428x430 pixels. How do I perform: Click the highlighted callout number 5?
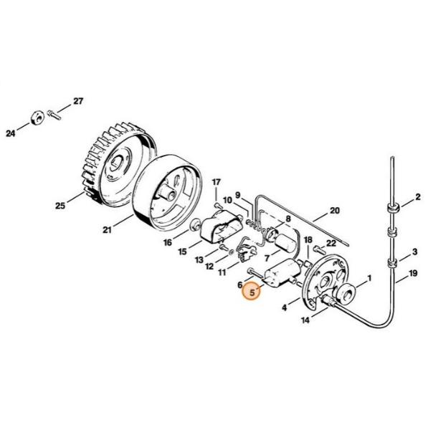pos(252,292)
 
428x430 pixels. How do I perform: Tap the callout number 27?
pos(78,101)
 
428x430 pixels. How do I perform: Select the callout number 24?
pos(11,133)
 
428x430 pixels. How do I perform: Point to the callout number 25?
pos(60,206)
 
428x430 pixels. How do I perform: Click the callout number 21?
pos(107,230)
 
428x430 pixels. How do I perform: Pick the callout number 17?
pos(217,182)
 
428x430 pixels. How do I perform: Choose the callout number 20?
pos(335,211)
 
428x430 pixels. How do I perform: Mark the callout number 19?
pos(413,273)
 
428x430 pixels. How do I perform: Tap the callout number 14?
pos(305,320)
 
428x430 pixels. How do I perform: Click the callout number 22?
pos(331,243)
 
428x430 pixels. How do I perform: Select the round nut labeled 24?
pos(37,118)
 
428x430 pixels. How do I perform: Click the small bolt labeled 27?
pos(54,115)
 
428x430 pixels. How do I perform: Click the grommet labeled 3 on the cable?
pos(393,264)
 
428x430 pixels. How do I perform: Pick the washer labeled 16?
pos(195,225)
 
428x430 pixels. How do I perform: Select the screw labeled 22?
pos(318,249)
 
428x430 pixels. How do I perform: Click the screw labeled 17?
pos(217,206)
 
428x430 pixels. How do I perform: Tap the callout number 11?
pos(222,272)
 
